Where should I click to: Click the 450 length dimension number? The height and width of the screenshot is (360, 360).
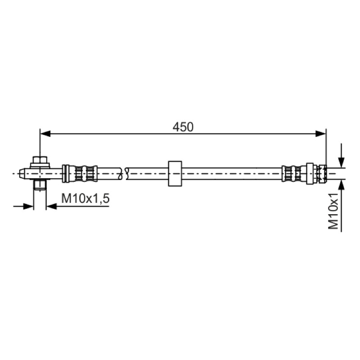pyautogui.click(x=183, y=127)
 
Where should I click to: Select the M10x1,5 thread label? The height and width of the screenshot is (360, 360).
pyautogui.click(x=85, y=198)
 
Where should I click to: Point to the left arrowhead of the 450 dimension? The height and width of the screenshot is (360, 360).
pyautogui.click(x=45, y=133)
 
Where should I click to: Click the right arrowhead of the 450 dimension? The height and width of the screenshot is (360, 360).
pyautogui.click(x=321, y=133)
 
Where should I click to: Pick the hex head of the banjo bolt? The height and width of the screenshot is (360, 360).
pyautogui.click(x=40, y=160)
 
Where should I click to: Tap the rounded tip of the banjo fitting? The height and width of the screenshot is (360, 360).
pyautogui.click(x=22, y=174)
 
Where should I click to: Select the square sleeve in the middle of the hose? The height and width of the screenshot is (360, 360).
pyautogui.click(x=175, y=173)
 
